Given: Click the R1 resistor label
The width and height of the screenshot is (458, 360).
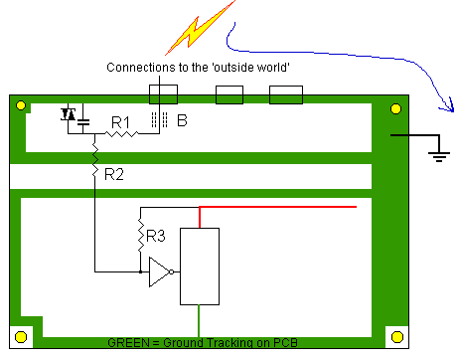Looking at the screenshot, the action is pos(120,122).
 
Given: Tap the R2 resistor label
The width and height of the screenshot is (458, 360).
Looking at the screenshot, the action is pos(114,174).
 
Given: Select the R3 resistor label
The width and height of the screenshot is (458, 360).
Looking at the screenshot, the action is pos(156,236).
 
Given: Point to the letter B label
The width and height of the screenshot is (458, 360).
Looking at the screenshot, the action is pos(182,120).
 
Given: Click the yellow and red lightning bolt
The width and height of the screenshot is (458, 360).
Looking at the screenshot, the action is pos(199,29).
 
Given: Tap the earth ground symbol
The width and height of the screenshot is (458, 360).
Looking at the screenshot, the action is pos(439,156).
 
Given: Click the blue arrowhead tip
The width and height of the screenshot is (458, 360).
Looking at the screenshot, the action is pos(453,111).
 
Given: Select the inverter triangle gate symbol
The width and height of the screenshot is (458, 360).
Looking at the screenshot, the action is pos(161,271).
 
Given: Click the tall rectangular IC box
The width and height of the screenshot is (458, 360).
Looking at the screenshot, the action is pos(200,267).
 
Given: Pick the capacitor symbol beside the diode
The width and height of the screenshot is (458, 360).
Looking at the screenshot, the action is pos(83,122).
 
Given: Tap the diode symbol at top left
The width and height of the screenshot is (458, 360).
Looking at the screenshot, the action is pos(69,114).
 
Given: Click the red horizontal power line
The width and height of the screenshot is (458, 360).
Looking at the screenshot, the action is pos(278,207).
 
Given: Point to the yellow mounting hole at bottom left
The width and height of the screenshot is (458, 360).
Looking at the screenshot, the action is pos(21,337).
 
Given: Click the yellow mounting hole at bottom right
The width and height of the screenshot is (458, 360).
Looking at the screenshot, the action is pos(397,337).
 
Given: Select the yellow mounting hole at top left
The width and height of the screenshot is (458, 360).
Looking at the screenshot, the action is pos(21,105).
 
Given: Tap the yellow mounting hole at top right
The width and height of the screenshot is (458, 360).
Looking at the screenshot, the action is pos(396,108).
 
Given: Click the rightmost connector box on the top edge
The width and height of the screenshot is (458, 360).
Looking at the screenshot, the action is pos(286,94).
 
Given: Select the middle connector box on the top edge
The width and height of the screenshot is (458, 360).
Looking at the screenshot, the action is pos(229,94).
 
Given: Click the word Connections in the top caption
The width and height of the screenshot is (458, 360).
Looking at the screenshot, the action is pos(141,68).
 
